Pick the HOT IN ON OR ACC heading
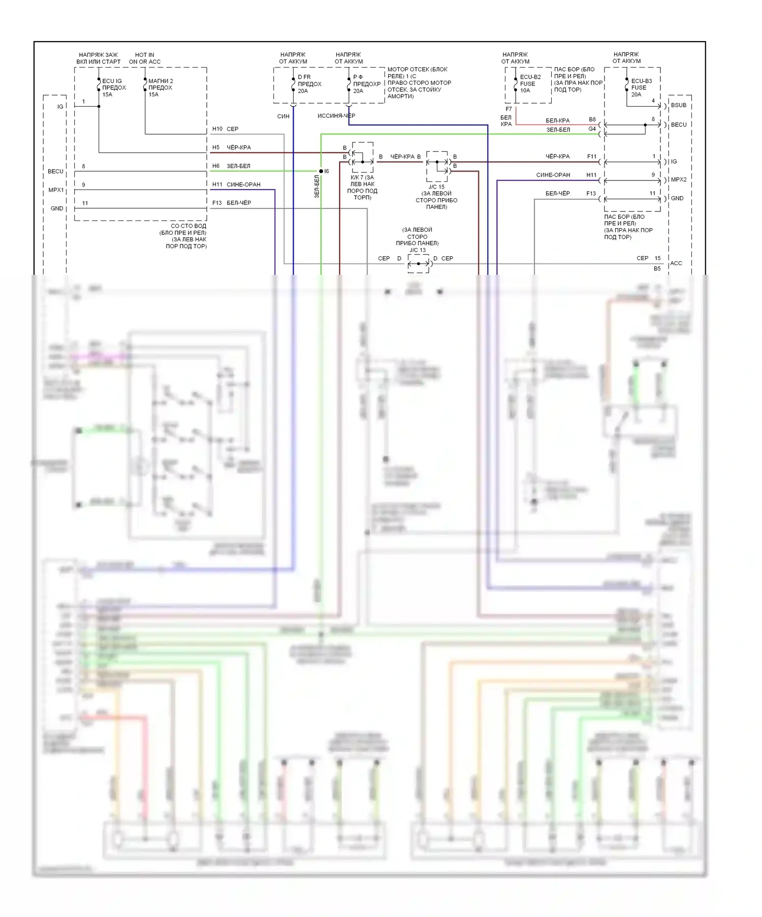pyautogui.click(x=145, y=58)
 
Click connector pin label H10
pyautogui.click(x=217, y=129)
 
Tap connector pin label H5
pyautogui.click(x=216, y=147)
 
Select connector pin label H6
pyautogui.click(x=216, y=166)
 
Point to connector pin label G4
pyautogui.click(x=592, y=129)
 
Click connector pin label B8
pyautogui.click(x=592, y=119)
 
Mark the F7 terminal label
pyautogui.click(x=509, y=109)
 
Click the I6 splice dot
pyautogui.click(x=321, y=171)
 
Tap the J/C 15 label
pyautogui.click(x=436, y=187)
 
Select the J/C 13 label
pyautogui.click(x=418, y=250)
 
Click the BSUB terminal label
pyautogui.click(x=679, y=106)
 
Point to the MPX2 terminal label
pyautogui.click(x=679, y=180)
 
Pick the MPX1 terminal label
pyautogui.click(x=56, y=190)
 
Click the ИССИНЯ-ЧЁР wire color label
pyautogui.click(x=336, y=116)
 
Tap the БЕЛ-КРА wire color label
pyautogui.click(x=557, y=121)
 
